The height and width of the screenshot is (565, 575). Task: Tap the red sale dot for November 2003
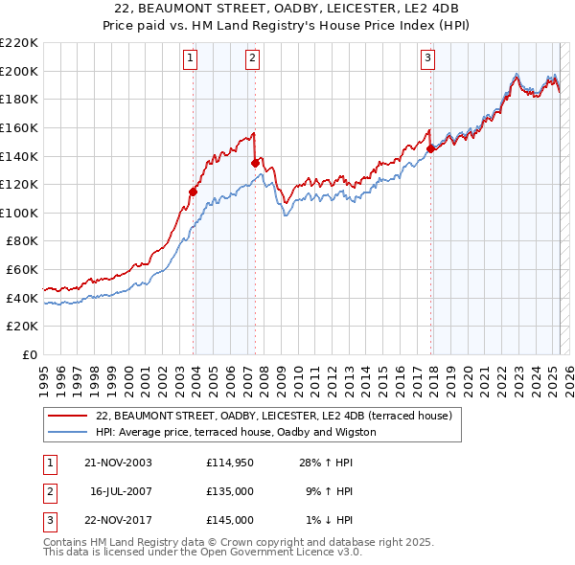point(193,191)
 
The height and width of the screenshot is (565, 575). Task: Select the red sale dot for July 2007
point(255,163)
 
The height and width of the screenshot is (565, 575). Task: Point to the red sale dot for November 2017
point(430,148)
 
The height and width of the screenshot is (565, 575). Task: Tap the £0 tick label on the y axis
point(30,355)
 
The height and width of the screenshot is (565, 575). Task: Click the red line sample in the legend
point(67,416)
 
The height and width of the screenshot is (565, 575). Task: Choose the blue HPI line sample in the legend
point(67,432)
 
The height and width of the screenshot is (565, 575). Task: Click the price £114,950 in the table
point(229,462)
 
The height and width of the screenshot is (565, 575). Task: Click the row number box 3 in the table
point(49,520)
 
